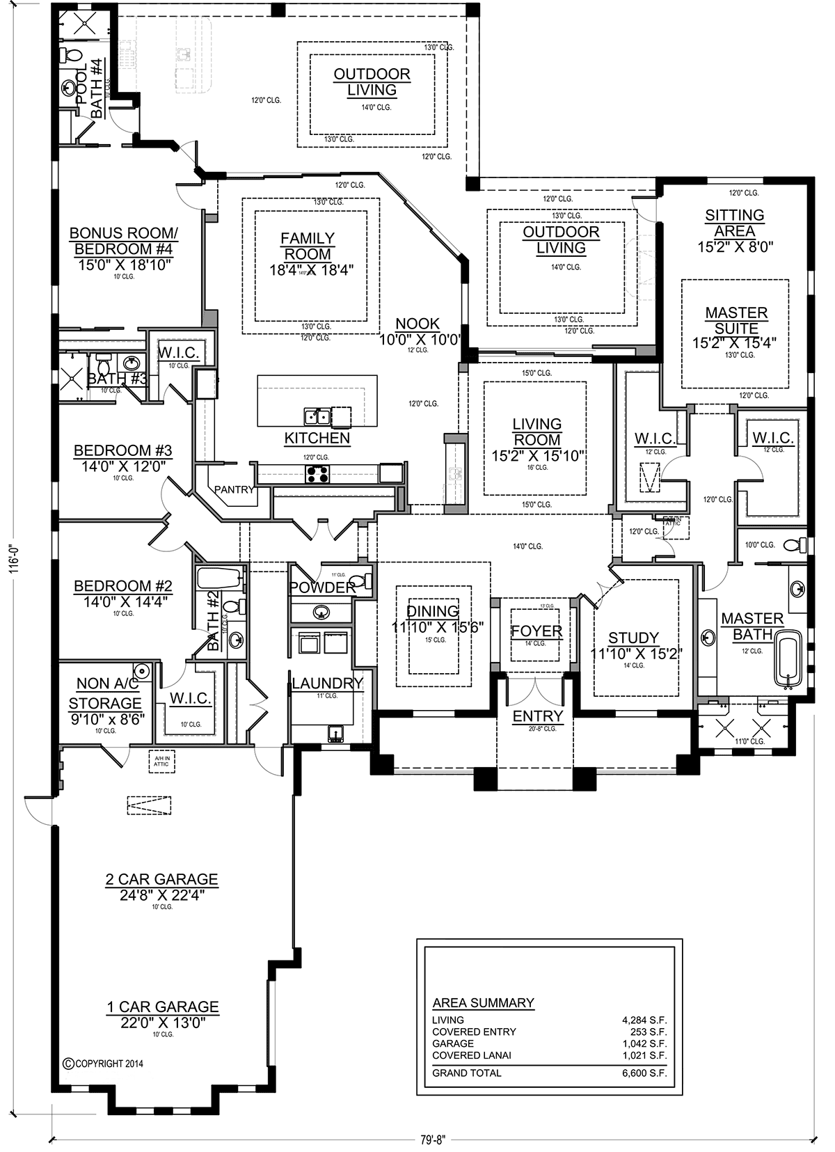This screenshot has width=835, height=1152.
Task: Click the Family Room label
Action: coord(307,246)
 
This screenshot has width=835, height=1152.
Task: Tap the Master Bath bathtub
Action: coord(788,658)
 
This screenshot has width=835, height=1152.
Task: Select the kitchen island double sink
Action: coord(317,417)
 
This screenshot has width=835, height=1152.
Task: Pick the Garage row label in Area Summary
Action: coord(453,1043)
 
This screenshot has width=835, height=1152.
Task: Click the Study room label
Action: coord(633,638)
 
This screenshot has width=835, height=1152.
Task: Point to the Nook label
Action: coord(417,324)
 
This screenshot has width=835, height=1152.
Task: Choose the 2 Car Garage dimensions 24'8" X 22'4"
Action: coord(161,895)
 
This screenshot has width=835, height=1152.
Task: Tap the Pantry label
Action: coord(234,489)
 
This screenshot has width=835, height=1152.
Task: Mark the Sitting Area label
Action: coord(734,223)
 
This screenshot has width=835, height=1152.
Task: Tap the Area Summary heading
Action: coord(483,1003)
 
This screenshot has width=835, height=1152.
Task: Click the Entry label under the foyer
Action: coord(537,716)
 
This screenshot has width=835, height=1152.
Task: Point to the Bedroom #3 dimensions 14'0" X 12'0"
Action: coord(123,466)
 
